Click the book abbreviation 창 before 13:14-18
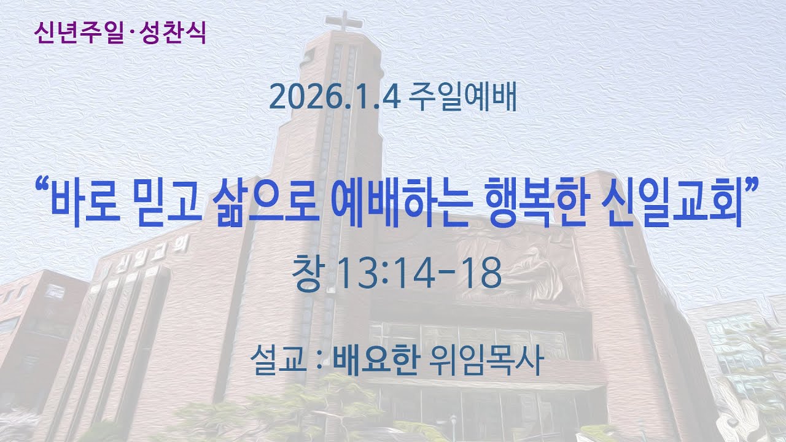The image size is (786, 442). click(307, 274)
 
